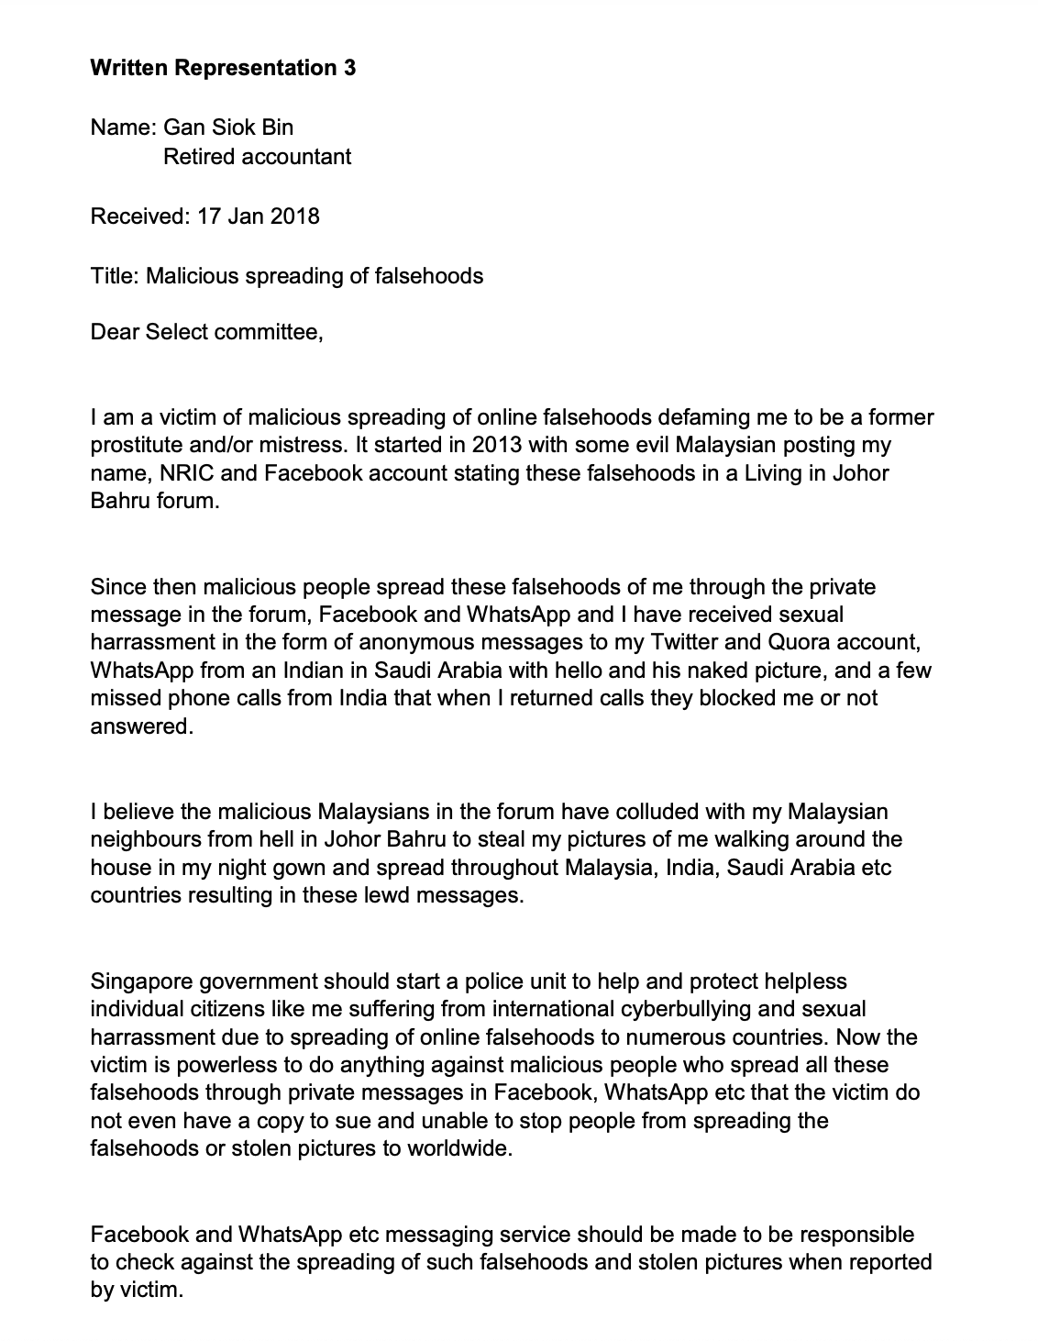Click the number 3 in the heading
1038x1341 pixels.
tap(349, 68)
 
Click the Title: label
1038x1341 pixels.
tap(116, 275)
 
